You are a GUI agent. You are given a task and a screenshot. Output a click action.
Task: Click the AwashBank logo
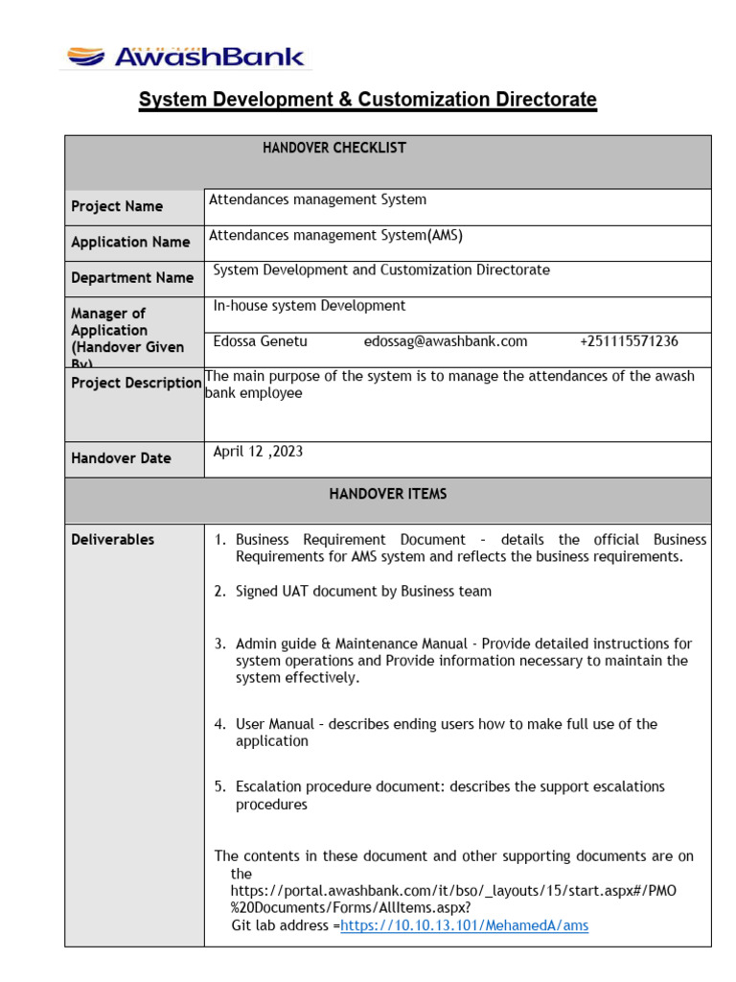pos(185,57)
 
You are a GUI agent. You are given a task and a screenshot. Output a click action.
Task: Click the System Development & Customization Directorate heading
pos(368,100)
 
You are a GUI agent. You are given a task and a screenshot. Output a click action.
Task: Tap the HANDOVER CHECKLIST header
pos(334,148)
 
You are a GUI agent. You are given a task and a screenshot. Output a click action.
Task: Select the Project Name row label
pos(117,206)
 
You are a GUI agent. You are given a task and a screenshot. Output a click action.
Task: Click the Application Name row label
pos(130,243)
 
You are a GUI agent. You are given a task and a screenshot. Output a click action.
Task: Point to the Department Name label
pos(132,278)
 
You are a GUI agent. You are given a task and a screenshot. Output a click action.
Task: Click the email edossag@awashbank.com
pos(446,341)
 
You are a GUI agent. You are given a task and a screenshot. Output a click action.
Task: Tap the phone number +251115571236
pos(629,341)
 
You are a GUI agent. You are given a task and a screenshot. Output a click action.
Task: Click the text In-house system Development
pos(310,306)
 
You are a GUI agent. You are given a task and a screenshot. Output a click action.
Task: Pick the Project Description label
pos(136,383)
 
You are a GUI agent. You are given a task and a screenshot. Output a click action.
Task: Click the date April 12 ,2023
pos(258,452)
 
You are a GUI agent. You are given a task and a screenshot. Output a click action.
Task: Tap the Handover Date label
pos(121,458)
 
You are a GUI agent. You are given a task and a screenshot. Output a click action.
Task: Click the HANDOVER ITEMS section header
pos(388,494)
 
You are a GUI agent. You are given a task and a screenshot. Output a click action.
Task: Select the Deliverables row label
pos(112,540)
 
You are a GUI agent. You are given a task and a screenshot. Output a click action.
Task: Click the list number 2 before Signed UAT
pos(220,592)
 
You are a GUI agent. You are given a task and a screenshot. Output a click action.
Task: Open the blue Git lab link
pos(465,925)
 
